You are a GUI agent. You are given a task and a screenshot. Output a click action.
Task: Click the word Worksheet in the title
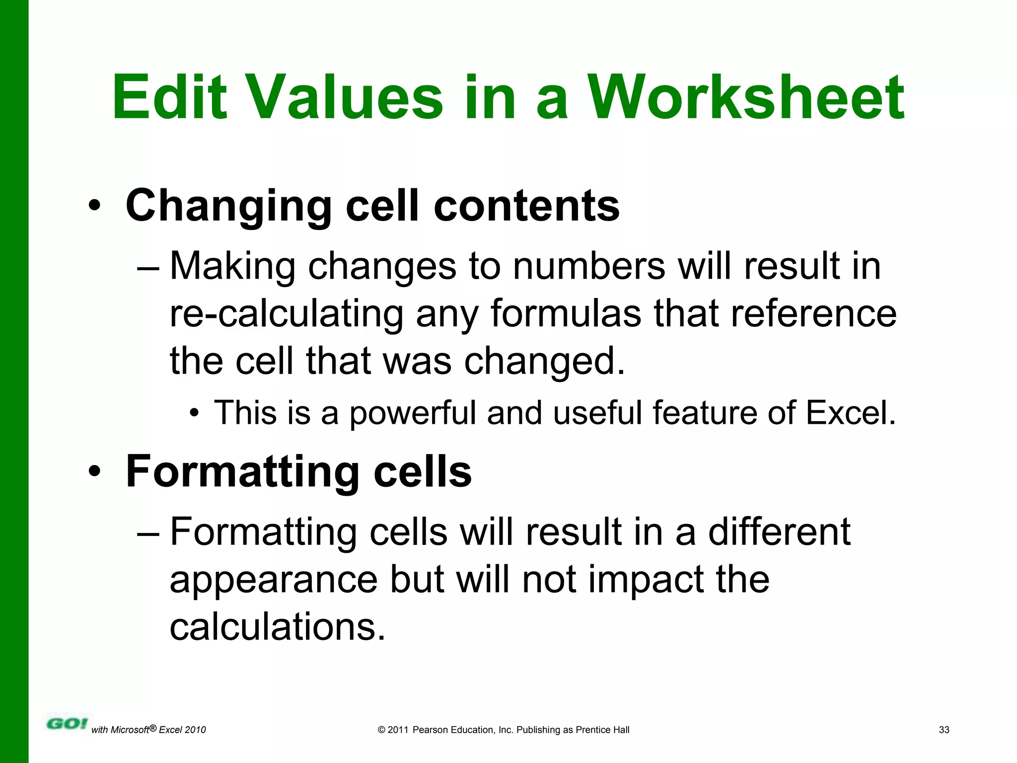746,97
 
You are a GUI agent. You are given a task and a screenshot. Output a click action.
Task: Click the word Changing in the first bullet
229,206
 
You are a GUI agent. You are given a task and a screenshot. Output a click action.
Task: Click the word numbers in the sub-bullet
589,266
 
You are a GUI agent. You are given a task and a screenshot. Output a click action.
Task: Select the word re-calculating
287,314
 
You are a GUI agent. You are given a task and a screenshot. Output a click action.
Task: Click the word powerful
413,413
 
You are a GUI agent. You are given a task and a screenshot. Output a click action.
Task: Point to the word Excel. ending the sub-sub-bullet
851,413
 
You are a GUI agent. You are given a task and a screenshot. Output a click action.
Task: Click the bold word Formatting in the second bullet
243,472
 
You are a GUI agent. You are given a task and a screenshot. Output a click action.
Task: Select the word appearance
274,579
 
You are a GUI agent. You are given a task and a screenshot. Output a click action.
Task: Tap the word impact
646,579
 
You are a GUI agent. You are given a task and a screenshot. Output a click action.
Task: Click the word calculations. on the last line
278,627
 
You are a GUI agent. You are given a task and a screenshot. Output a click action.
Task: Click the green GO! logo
67,724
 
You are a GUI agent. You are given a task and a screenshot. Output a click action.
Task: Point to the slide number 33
944,730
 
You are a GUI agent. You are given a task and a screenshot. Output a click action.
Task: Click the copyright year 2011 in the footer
398,730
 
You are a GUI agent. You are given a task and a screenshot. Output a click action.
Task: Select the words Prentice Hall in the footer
602,730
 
